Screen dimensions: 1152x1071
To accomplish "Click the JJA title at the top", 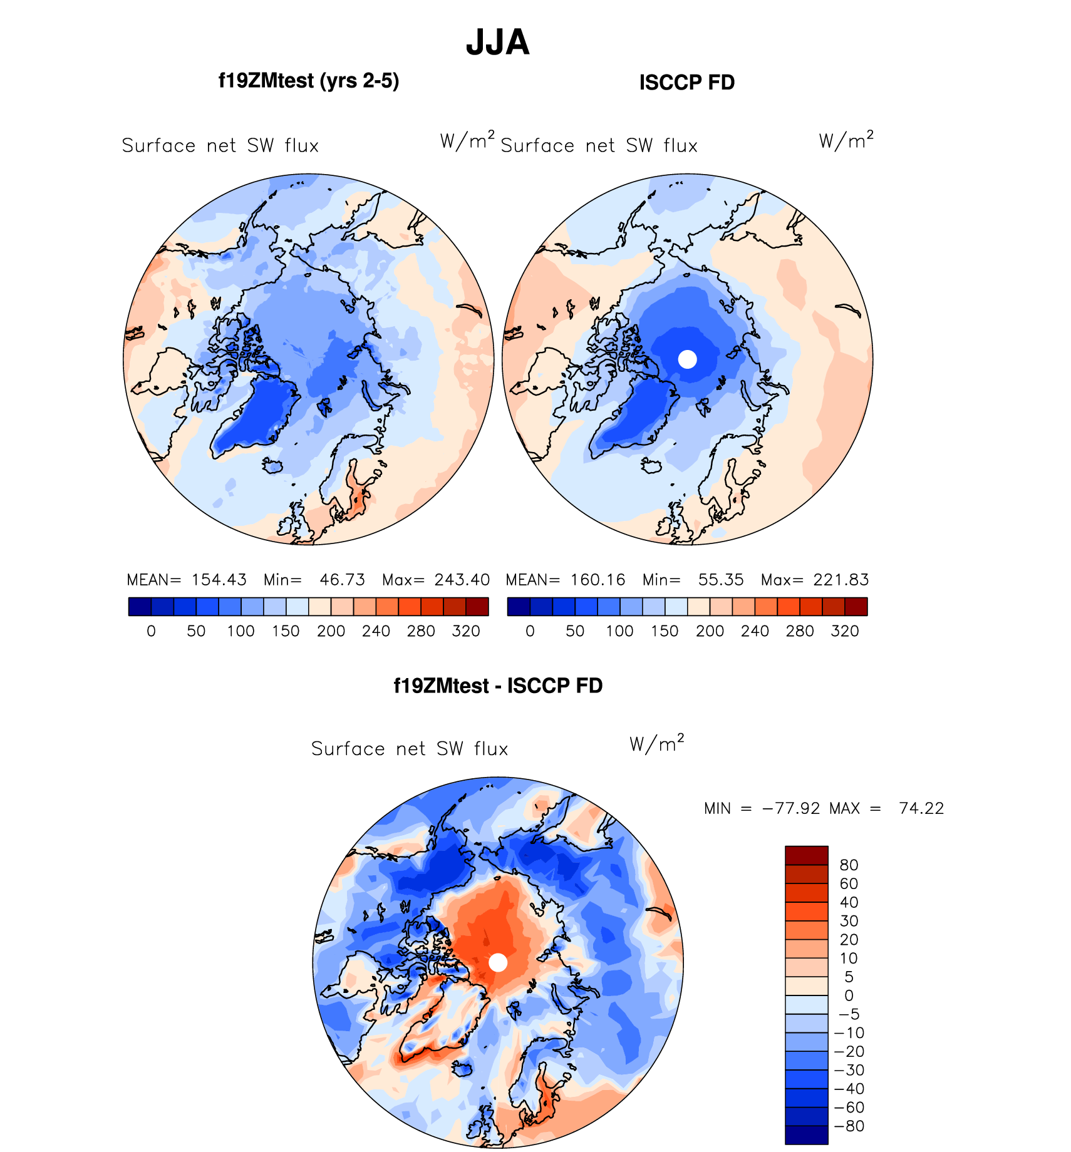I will [x=498, y=43].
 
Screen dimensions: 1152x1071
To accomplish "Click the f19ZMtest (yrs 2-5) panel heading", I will [x=308, y=81].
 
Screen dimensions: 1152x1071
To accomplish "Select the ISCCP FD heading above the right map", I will [x=686, y=83].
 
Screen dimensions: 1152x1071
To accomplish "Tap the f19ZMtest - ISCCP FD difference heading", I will [x=498, y=686].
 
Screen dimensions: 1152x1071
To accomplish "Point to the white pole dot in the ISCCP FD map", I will [x=688, y=359].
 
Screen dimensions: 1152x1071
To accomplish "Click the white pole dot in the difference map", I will [x=498, y=962].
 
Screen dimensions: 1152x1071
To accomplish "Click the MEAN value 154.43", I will [x=219, y=580].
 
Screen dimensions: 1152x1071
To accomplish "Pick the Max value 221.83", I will [x=841, y=580].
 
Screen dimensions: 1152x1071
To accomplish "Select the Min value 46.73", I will [x=342, y=580].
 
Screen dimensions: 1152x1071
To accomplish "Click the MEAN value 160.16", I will [x=598, y=580].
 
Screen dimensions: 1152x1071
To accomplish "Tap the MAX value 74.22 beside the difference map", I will [x=921, y=808].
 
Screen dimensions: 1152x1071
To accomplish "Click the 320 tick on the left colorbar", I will [x=465, y=631].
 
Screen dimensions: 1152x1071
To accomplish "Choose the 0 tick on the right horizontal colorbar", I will [x=530, y=631].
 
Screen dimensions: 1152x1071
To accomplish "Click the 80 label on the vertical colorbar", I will [x=849, y=865].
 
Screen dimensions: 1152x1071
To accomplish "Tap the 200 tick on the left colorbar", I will [x=331, y=631].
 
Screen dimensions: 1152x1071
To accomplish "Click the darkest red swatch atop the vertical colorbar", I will [x=806, y=855].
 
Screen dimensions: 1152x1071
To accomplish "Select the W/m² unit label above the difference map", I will [x=656, y=743].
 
